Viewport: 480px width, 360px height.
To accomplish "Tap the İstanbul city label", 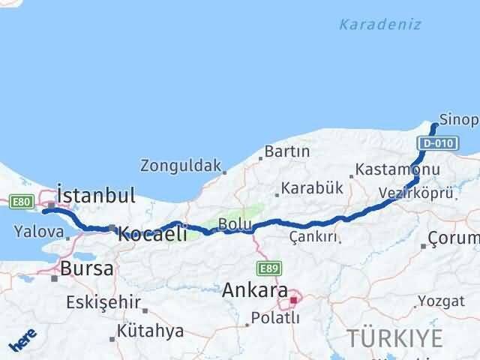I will pos(97,196).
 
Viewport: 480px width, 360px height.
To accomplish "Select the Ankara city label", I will pos(255,289).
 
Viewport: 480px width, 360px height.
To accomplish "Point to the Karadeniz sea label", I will pos(379,25).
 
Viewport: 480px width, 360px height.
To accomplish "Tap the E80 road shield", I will pos(20,201).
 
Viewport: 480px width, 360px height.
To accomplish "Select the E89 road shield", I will pos(269,268).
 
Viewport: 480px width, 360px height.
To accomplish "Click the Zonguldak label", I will pos(181,165).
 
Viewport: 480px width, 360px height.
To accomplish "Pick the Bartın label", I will pos(286,151).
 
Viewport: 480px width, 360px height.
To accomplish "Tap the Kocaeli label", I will pos(152,234).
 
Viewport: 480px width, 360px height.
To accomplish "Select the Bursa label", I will pos(88,268).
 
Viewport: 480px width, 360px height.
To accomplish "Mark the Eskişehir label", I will pos(103,302).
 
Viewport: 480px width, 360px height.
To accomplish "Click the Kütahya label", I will pos(150,331).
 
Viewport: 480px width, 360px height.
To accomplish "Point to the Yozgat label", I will pos(446,301).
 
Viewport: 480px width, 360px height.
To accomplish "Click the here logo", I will pos(22,341).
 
